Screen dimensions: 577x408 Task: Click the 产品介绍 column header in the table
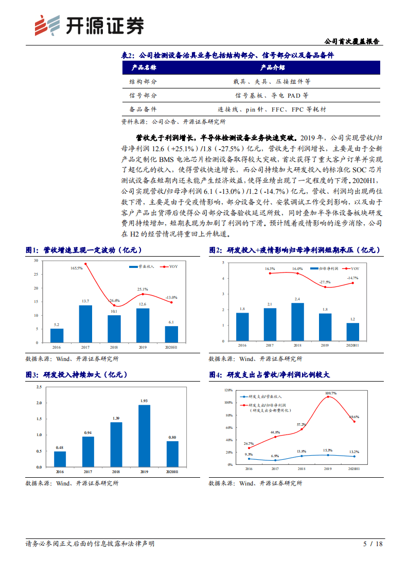point(272,67)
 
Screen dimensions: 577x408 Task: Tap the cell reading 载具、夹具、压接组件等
point(272,81)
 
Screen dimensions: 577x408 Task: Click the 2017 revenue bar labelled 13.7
point(85,324)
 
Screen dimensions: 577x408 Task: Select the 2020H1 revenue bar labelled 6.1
point(171,334)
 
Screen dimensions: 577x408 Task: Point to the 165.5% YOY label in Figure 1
point(77,268)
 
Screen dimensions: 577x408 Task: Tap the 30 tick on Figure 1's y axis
point(35,261)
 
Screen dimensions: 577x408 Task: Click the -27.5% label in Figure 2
point(325,282)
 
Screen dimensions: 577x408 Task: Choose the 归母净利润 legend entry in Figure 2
point(325,268)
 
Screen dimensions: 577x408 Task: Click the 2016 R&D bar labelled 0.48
point(60,459)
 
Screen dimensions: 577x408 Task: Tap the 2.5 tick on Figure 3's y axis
point(39,387)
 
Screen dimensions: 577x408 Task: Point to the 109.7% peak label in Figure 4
point(330,393)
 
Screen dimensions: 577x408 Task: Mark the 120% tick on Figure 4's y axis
point(228,390)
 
